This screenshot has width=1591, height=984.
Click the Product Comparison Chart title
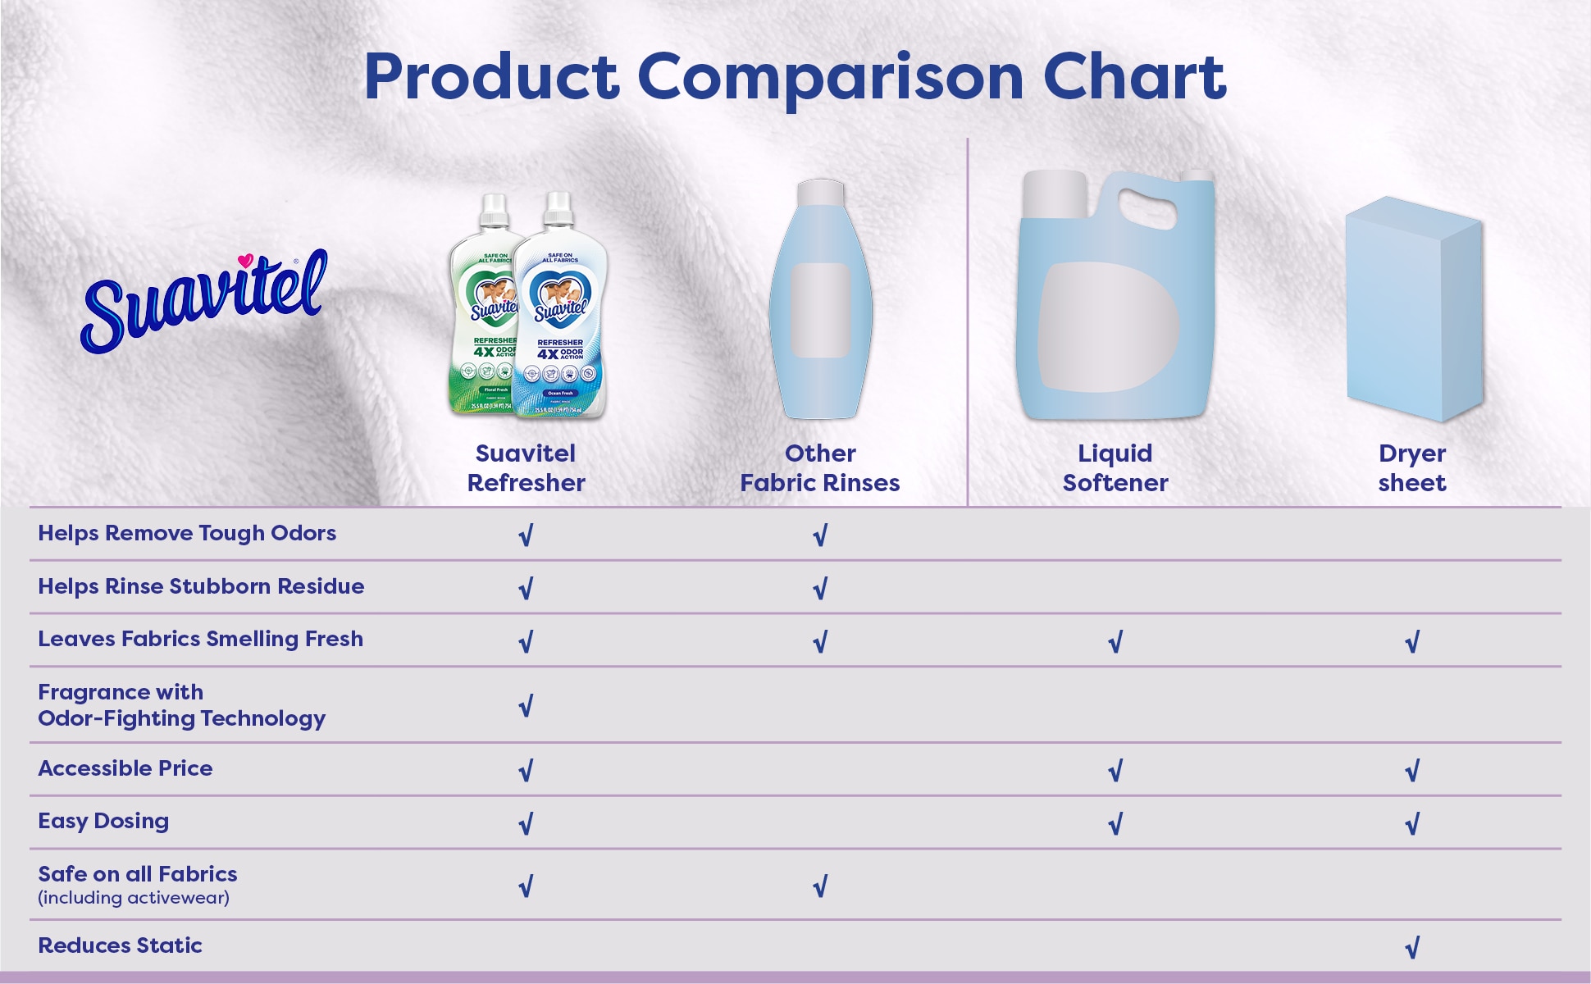(795, 77)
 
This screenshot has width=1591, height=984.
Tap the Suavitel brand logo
(204, 302)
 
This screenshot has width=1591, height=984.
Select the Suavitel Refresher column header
(526, 467)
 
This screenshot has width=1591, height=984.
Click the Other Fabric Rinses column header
(819, 467)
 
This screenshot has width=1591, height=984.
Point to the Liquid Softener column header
(1115, 467)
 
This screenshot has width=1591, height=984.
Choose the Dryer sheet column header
(1411, 467)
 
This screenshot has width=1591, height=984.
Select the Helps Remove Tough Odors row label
(187, 533)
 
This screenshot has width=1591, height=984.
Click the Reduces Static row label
(120, 945)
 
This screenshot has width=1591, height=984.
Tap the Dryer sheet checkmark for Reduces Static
(1411, 948)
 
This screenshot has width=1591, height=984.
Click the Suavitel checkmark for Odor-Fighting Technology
(526, 705)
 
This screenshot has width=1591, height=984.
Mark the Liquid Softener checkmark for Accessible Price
(1115, 770)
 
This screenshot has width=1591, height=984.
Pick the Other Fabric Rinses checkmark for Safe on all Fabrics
(819, 886)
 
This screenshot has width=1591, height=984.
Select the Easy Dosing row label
(103, 821)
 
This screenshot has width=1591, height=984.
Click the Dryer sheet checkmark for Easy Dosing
(1411, 823)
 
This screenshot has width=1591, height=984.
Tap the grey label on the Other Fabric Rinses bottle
(820, 310)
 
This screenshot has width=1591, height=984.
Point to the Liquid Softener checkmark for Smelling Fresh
(1115, 642)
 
